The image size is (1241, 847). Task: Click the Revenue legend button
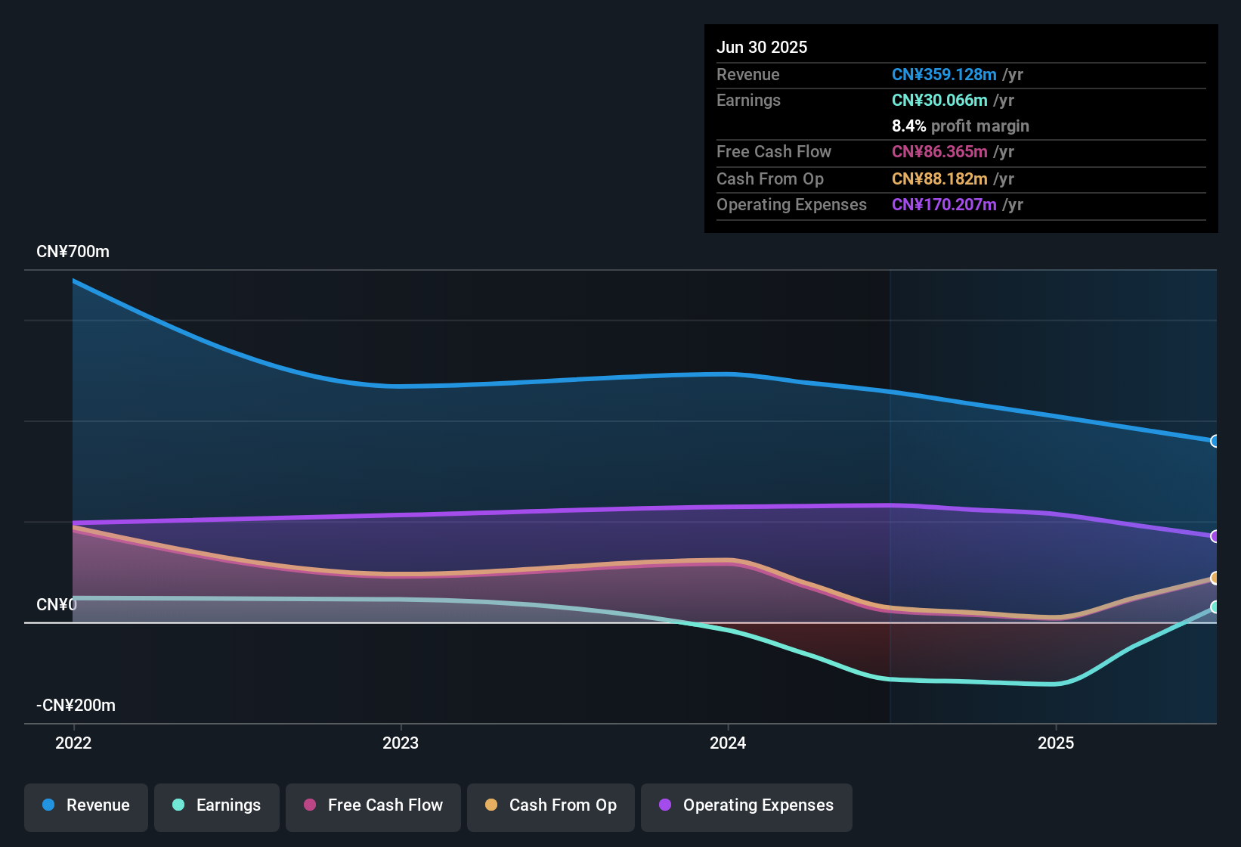click(86, 805)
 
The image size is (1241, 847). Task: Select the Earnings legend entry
click(217, 805)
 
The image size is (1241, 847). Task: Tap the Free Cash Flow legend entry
click(373, 805)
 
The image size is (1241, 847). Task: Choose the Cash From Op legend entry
click(551, 805)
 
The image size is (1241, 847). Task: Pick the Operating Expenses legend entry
click(747, 805)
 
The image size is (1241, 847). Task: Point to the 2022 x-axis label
click(73, 743)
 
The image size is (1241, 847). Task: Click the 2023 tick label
click(401, 743)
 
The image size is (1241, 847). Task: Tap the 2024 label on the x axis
click(728, 743)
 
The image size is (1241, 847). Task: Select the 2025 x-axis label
click(1056, 743)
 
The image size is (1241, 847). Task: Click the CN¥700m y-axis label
click(73, 252)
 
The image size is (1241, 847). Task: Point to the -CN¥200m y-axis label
click(76, 706)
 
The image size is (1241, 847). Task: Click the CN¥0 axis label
click(57, 605)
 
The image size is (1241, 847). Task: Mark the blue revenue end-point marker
click(1215, 441)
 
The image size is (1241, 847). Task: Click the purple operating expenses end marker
click(1215, 536)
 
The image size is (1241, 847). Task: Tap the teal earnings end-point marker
click(1215, 607)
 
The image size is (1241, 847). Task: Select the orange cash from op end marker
click(1215, 579)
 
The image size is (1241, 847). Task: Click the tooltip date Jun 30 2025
click(762, 47)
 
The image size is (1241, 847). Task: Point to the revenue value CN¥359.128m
click(944, 74)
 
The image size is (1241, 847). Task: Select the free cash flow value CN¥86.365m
click(939, 152)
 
